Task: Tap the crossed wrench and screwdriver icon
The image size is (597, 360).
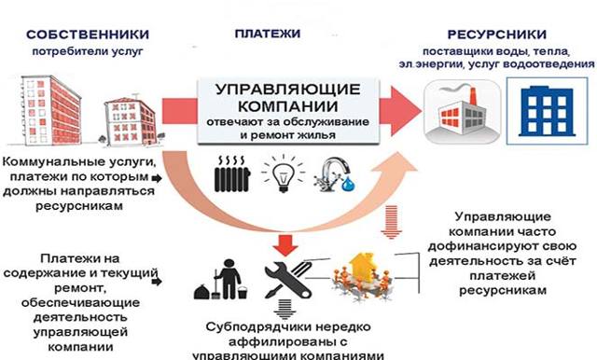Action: coord(284,278)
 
